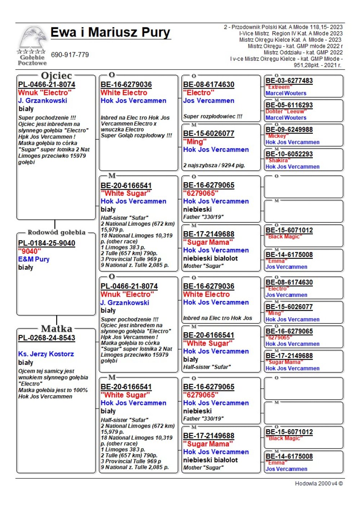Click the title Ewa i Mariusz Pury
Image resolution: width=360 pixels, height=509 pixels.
[110, 32]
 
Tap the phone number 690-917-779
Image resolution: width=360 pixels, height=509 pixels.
[70, 55]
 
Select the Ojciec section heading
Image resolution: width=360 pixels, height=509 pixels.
[57, 76]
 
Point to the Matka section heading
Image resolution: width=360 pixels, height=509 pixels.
[57, 329]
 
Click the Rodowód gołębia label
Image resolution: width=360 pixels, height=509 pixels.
[57, 232]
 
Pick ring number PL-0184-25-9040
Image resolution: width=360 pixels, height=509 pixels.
[47, 243]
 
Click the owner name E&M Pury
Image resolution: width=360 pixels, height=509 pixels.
[34, 259]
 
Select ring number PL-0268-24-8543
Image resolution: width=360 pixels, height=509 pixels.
[47, 338]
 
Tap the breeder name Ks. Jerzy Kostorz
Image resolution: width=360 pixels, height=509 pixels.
[46, 354]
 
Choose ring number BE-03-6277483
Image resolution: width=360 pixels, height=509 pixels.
[289, 81]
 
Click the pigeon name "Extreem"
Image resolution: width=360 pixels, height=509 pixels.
[279, 87]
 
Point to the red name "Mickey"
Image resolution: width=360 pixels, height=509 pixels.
[277, 136]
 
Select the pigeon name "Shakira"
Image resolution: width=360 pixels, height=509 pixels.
[278, 161]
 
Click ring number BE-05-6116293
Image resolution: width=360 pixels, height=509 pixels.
[289, 105]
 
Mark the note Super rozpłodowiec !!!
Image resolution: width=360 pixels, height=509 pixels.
[213, 116]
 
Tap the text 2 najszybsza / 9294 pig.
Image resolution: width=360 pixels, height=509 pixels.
[214, 165]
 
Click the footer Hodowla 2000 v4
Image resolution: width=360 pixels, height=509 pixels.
[319, 483]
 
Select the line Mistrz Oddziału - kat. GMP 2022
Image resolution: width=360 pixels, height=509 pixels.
[303, 52]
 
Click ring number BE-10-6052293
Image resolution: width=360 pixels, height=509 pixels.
[289, 154]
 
